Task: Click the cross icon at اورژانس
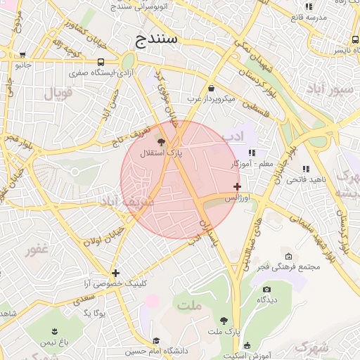pos(238,187)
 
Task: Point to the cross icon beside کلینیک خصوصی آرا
pos(115,273)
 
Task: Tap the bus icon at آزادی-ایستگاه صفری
pos(102,62)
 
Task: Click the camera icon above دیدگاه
pos(266,289)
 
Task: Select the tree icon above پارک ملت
pos(224,319)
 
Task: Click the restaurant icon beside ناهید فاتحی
pos(306,169)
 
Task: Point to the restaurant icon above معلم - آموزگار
pos(252,153)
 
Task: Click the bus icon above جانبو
pos(23,55)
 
